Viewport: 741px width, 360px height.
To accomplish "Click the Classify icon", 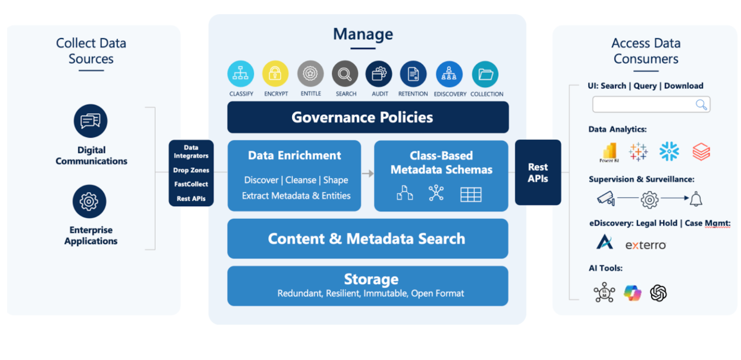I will click(x=240, y=74).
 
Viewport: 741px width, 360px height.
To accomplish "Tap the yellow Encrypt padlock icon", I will click(x=275, y=74).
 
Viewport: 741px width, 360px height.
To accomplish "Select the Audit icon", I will click(x=379, y=74).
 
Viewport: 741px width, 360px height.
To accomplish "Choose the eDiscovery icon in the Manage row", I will click(x=449, y=74).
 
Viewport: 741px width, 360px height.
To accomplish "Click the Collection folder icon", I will click(x=485, y=74).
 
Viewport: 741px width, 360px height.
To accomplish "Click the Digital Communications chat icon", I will click(x=90, y=121).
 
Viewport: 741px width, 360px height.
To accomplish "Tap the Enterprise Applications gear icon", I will click(x=89, y=202).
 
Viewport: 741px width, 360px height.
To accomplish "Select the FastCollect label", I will click(x=191, y=184).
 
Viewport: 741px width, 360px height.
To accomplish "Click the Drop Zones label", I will click(x=191, y=170).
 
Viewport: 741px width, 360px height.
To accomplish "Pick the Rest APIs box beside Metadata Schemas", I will click(x=538, y=172).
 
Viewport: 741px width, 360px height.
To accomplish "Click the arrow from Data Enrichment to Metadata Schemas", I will click(x=368, y=173).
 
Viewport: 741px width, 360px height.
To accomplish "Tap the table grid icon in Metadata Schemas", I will click(x=471, y=194).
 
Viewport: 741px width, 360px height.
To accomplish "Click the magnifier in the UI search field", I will click(x=701, y=105).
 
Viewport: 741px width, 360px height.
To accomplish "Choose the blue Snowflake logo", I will click(x=669, y=152).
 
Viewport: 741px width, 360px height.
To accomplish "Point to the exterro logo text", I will click(x=645, y=245).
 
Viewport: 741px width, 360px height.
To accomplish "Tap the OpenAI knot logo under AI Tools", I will click(x=658, y=293).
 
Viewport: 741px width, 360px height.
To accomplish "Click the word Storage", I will click(x=371, y=279).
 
